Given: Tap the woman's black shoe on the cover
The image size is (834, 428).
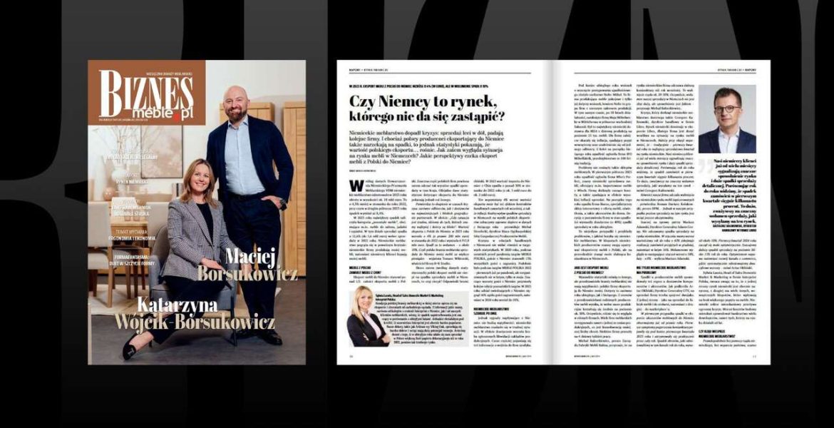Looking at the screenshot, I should pos(133,347).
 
